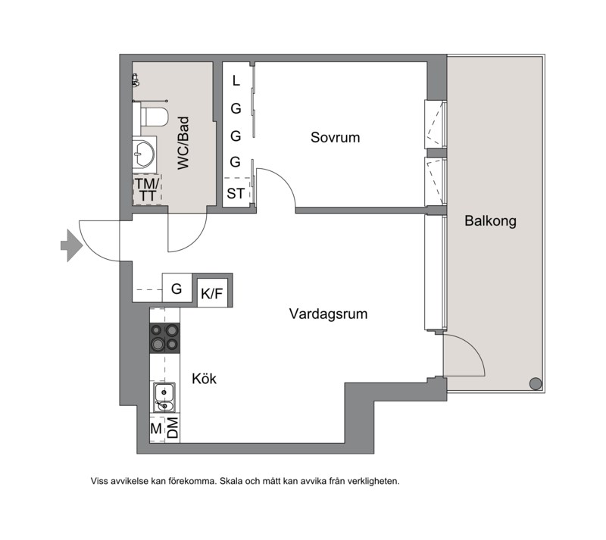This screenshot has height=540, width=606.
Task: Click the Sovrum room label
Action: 335,138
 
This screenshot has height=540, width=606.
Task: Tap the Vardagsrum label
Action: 328,314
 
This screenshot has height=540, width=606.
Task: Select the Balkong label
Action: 490,221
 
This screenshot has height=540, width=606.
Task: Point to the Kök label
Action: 204,379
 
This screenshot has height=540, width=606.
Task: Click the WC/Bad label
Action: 183,143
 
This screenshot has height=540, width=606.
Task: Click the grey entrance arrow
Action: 72,245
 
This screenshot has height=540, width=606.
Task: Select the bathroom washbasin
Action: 144,155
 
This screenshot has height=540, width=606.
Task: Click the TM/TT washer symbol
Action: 147,190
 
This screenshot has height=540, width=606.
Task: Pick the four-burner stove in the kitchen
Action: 164,338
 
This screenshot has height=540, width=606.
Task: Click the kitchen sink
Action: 164,398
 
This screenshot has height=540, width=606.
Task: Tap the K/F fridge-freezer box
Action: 212,293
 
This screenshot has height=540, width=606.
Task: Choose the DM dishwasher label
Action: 173,428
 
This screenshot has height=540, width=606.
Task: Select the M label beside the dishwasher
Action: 156,429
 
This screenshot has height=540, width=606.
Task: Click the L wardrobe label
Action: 236,81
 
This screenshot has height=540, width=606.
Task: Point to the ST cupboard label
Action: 236,193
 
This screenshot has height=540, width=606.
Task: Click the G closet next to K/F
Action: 176,289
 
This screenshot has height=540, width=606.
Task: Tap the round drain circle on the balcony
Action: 536,384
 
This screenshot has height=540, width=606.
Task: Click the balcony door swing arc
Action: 474,347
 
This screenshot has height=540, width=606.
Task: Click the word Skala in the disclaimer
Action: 232,481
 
